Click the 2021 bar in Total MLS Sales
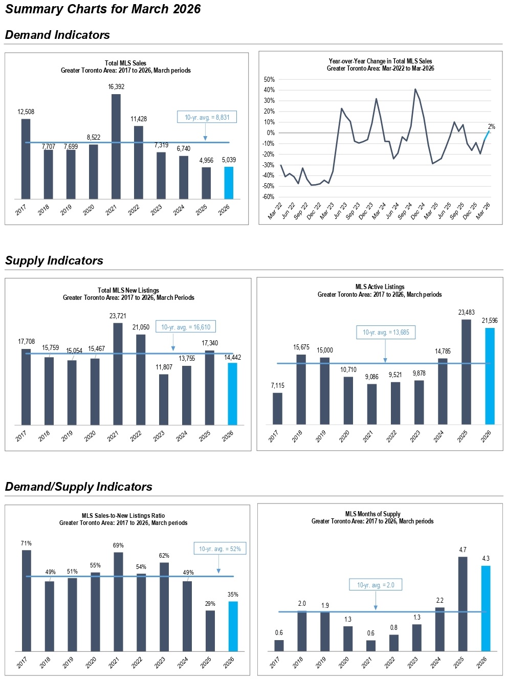[x=116, y=146]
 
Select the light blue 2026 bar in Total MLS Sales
[x=229, y=183]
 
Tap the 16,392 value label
[x=116, y=87]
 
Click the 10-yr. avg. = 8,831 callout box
[x=207, y=117]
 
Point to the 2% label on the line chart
[x=491, y=126]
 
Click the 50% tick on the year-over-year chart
[x=269, y=79]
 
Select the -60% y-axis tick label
[x=268, y=196]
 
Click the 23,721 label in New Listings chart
[x=118, y=316]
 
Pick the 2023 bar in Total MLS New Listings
[x=164, y=400]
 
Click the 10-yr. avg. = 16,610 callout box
[x=186, y=327]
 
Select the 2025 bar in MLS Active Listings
[x=466, y=372]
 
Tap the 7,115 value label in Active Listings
[x=277, y=385]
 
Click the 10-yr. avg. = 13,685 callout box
[x=386, y=332]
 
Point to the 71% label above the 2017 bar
[x=26, y=543]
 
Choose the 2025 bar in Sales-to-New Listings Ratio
[x=210, y=631]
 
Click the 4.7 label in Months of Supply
[x=463, y=550]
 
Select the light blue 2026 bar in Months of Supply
[x=486, y=608]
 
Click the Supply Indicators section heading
[x=54, y=260]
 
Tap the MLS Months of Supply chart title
[x=372, y=514]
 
